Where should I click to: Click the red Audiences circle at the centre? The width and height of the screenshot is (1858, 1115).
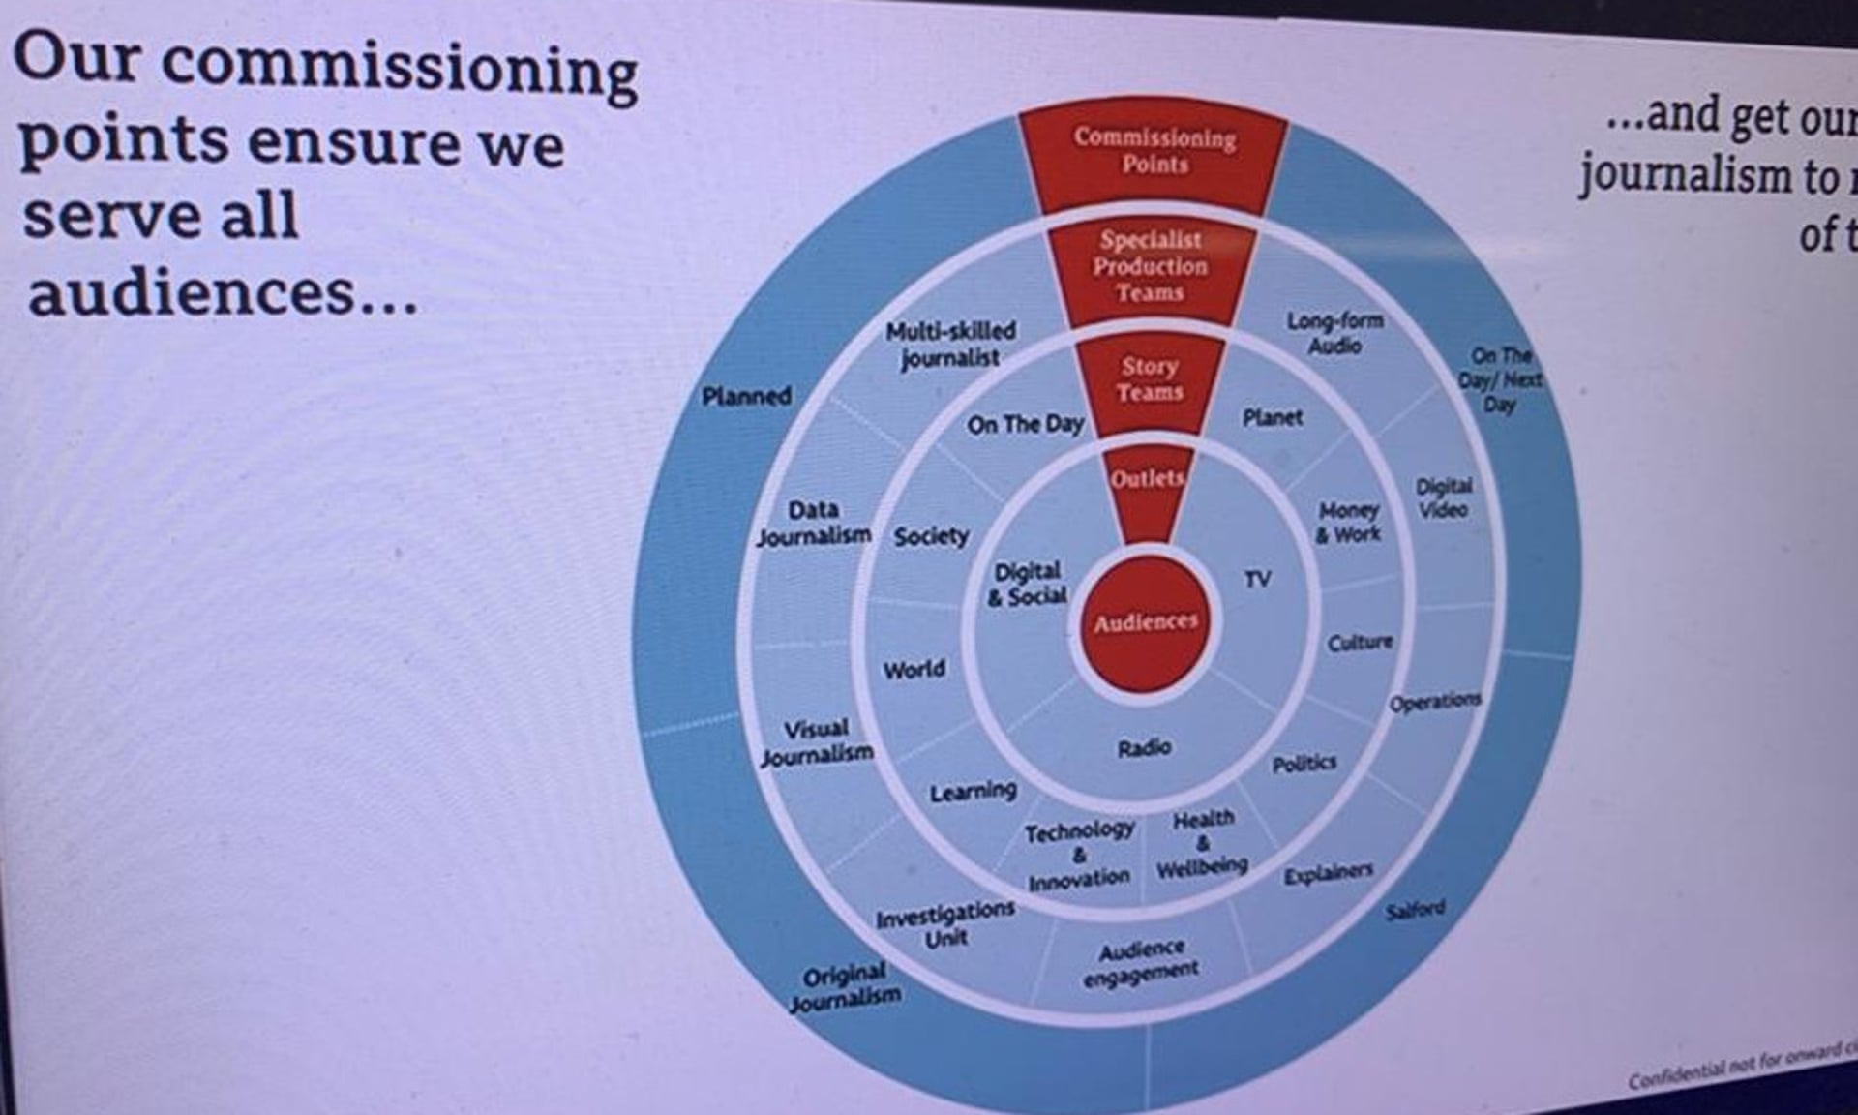(x=1146, y=622)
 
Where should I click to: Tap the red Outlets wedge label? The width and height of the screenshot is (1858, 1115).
(x=1148, y=479)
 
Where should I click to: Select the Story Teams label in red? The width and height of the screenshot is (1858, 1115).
(x=1150, y=378)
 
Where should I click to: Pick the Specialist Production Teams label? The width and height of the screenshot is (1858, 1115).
(x=1150, y=266)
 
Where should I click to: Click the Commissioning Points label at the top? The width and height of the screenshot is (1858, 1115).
(x=1154, y=151)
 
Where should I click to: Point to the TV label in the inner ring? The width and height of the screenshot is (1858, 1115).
(x=1257, y=579)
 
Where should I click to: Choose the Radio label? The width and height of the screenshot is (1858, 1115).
(x=1144, y=747)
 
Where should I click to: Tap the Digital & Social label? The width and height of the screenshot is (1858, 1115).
(x=1028, y=584)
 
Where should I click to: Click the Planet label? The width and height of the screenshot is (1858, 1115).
(x=1272, y=417)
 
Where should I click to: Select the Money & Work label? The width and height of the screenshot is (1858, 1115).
(x=1348, y=522)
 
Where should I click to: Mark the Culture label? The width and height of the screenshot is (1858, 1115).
(x=1360, y=642)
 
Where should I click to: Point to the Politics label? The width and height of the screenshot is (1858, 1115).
(x=1304, y=765)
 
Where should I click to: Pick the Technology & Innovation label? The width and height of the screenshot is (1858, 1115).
(x=1079, y=855)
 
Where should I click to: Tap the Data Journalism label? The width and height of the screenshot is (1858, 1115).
(x=813, y=523)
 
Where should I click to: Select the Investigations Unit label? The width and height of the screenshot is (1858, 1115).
(x=945, y=924)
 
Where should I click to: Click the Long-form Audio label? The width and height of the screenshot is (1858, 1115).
(x=1334, y=333)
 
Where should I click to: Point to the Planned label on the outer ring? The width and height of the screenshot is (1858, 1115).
(x=746, y=396)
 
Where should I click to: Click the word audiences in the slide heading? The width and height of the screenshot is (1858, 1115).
(x=192, y=292)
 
